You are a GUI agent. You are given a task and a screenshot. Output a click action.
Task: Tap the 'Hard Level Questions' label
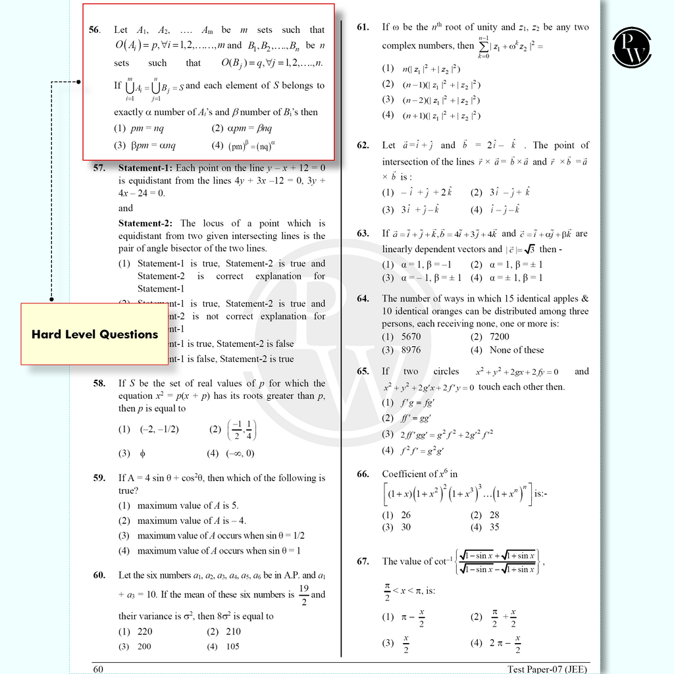(x=95, y=334)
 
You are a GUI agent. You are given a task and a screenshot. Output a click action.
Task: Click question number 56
(x=95, y=30)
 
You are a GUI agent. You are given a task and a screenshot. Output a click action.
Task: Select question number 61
(x=363, y=27)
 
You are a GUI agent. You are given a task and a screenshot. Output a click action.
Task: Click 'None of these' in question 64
(x=516, y=350)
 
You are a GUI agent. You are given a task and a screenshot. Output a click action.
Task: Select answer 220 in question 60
(x=144, y=631)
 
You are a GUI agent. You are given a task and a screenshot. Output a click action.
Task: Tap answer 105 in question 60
(x=232, y=646)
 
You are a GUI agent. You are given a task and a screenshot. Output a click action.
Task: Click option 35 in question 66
(x=494, y=527)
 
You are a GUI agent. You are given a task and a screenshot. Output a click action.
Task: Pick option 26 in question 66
(x=405, y=515)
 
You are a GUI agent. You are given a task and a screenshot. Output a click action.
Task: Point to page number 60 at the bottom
(x=98, y=669)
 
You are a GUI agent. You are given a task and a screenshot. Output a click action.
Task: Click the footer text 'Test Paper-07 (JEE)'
(x=547, y=669)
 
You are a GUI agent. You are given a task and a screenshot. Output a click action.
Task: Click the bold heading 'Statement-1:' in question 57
(x=145, y=168)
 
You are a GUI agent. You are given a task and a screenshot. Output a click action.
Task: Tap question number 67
(x=363, y=561)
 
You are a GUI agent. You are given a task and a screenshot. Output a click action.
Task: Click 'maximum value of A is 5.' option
(x=188, y=505)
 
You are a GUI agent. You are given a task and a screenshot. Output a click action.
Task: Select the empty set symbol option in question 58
(x=142, y=453)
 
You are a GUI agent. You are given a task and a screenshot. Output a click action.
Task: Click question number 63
(x=363, y=234)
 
